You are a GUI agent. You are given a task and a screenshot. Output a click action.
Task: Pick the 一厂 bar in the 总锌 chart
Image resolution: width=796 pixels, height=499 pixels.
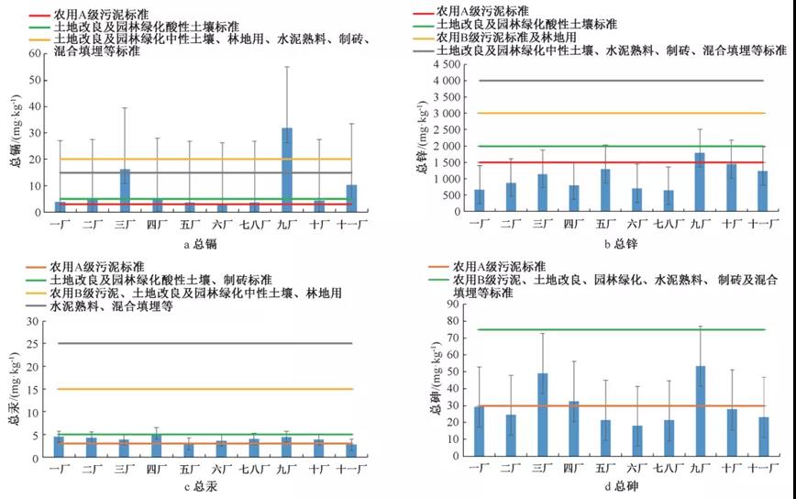pyautogui.click(x=478, y=201)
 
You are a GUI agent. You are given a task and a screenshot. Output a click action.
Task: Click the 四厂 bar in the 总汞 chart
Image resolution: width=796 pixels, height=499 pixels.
pyautogui.click(x=156, y=446)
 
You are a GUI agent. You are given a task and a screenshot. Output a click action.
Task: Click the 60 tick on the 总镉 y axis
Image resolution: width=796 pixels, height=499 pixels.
pyautogui.click(x=36, y=53)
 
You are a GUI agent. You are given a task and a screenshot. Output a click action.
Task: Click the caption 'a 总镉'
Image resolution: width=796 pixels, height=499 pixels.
pyautogui.click(x=183, y=243)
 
